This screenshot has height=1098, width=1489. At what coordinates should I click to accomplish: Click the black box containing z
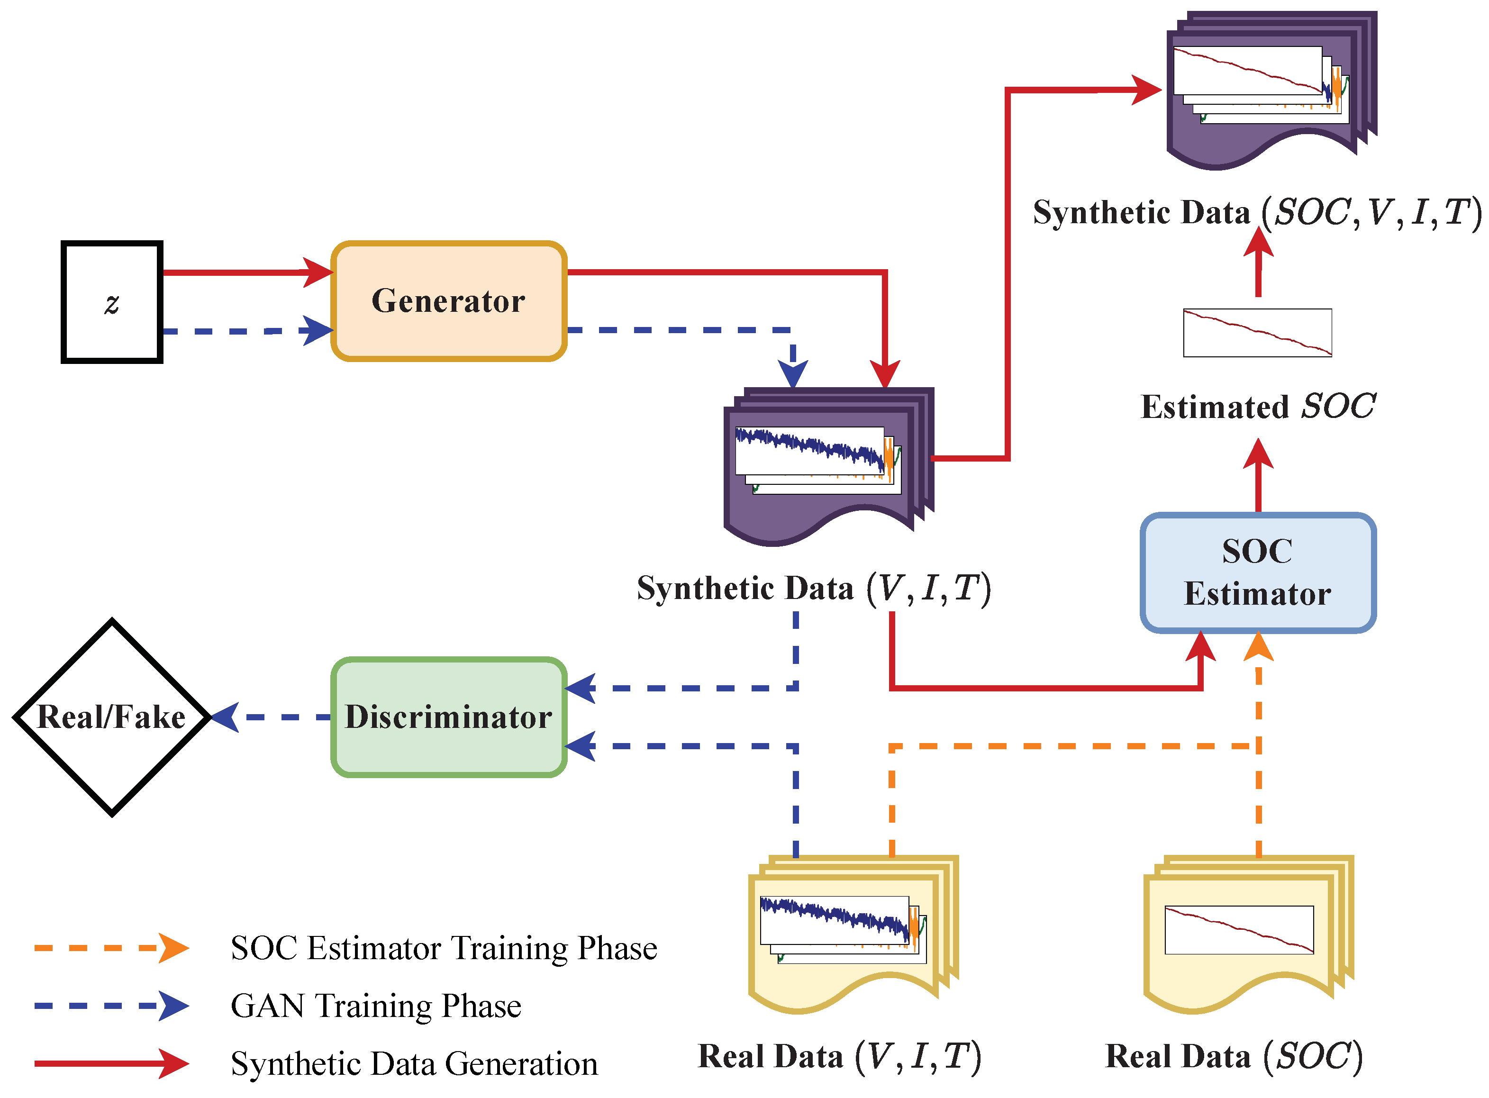point(112,302)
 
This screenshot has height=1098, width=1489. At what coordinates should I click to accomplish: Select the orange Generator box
point(449,301)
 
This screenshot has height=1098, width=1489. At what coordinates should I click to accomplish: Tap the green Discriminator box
point(449,717)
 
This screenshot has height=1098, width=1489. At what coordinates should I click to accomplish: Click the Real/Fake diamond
point(112,717)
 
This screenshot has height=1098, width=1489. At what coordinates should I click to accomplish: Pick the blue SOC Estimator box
point(1258,572)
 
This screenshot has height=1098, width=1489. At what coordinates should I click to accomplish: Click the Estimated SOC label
point(1258,407)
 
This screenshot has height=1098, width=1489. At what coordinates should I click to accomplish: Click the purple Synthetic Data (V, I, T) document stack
point(827,465)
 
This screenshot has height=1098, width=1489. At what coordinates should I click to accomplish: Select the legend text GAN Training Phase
point(376,1006)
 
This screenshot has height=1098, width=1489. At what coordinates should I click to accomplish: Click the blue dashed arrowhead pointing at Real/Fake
point(226,717)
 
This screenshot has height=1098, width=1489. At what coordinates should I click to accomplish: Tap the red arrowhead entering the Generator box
point(318,272)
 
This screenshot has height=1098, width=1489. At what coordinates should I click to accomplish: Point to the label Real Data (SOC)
point(1234,1056)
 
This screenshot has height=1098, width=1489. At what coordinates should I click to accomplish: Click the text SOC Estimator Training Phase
point(444,948)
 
